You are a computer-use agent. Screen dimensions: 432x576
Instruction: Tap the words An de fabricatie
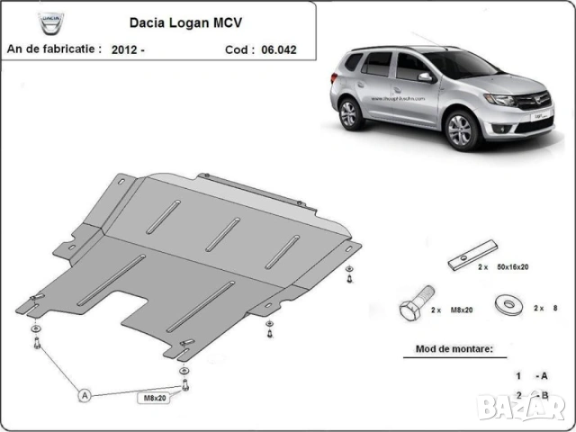[54, 49]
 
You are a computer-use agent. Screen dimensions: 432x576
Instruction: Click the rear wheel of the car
[349, 113]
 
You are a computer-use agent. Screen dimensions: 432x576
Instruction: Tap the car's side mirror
[424, 78]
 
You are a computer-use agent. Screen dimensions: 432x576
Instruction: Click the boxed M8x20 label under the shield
[155, 397]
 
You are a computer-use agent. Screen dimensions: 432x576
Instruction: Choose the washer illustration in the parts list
[508, 301]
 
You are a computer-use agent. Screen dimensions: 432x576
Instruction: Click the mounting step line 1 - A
[532, 374]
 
